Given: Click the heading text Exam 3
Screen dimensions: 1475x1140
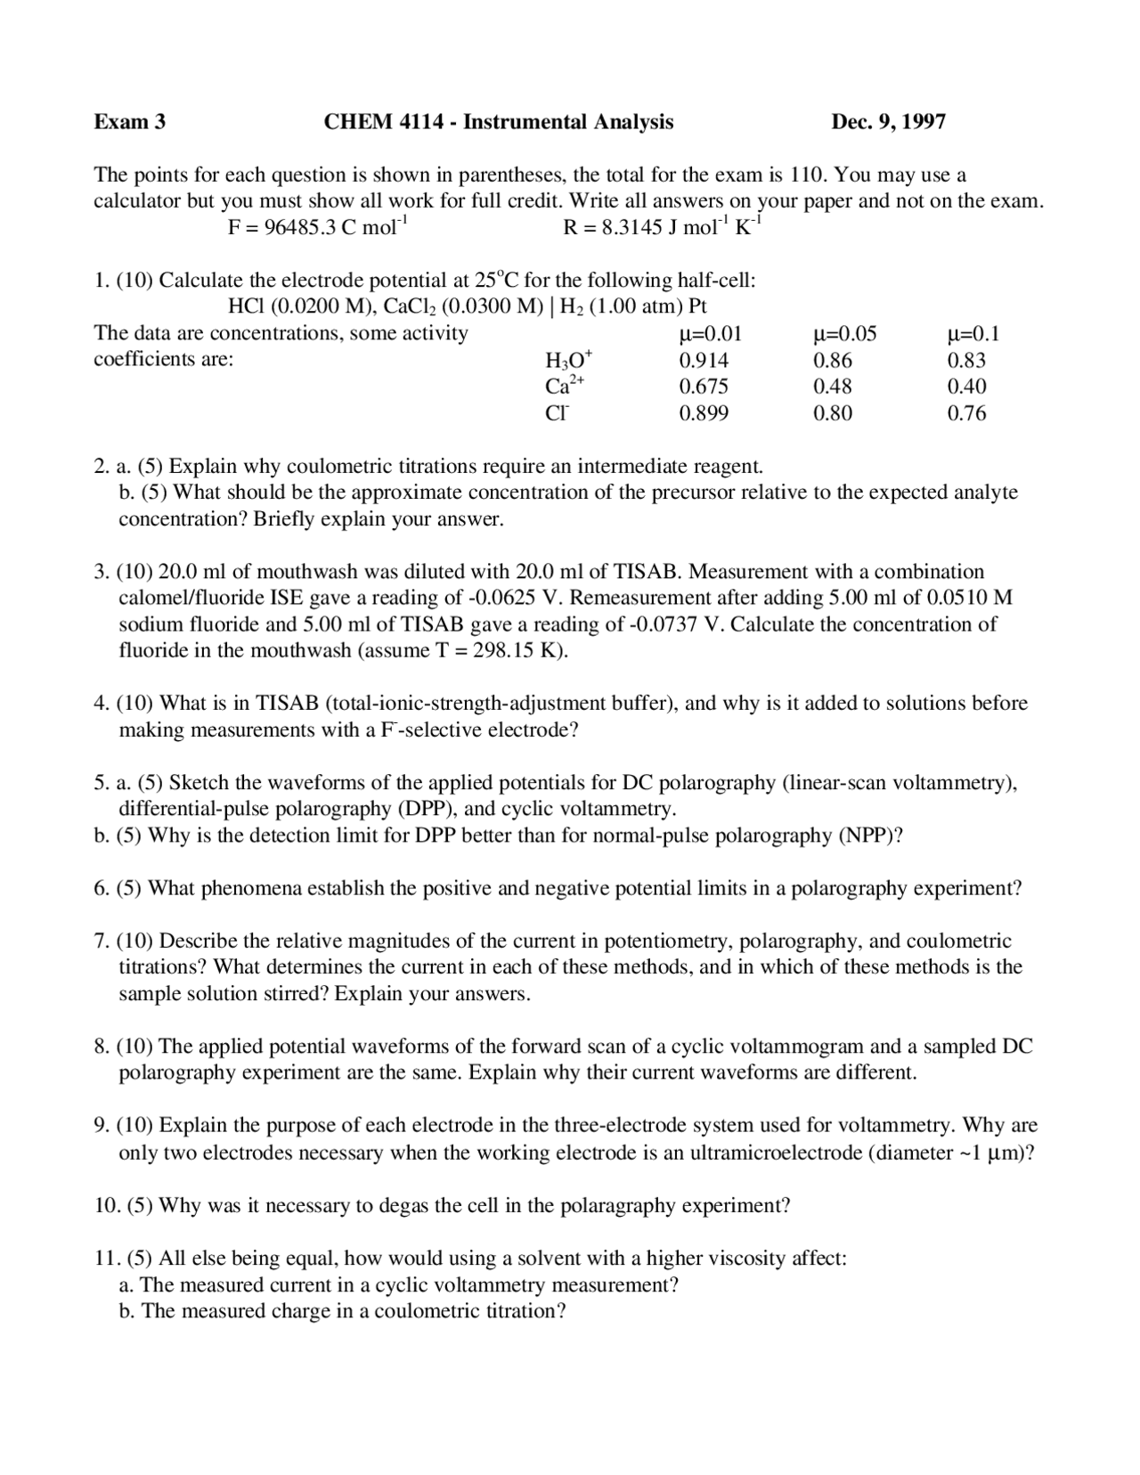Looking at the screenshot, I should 130,122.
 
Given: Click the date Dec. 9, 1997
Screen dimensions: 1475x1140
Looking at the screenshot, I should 888,122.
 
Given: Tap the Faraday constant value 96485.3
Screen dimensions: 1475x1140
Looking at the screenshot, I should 300,227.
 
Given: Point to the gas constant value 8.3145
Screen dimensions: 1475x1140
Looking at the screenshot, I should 631,227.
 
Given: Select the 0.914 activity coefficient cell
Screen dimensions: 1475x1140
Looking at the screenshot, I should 703,361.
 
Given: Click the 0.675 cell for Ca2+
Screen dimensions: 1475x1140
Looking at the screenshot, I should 703,387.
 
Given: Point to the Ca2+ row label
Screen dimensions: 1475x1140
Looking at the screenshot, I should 565,387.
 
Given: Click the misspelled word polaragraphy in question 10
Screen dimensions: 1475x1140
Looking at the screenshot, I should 618,1206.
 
